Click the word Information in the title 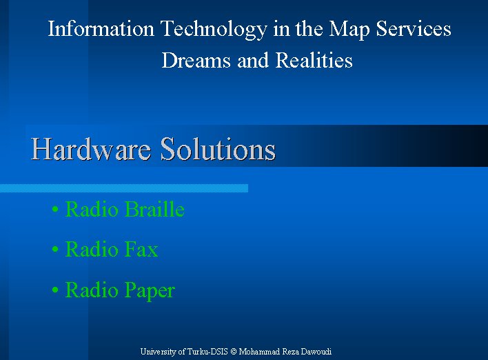[x=101, y=29]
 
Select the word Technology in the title [x=214, y=30]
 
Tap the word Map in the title [x=349, y=30]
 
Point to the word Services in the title [x=414, y=29]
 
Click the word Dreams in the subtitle [x=196, y=60]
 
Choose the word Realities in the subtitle [x=314, y=59]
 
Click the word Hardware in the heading [x=91, y=149]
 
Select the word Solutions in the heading [x=218, y=149]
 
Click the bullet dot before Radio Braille [x=55, y=210]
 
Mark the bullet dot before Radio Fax [x=55, y=250]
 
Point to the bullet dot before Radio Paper [x=55, y=290]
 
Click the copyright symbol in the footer [x=234, y=352]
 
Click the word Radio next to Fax [x=92, y=250]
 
